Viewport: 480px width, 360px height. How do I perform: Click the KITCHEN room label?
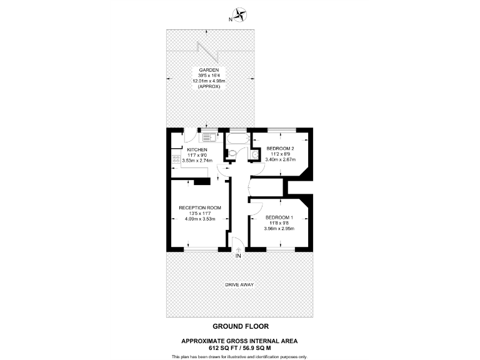pos(197,150)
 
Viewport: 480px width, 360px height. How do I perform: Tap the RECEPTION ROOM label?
pos(201,207)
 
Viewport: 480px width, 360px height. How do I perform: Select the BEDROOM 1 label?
pos(279,217)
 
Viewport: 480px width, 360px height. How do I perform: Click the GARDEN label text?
pos(209,70)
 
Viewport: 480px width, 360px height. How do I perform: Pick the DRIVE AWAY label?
pos(239,285)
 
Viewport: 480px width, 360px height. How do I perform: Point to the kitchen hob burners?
pos(176,159)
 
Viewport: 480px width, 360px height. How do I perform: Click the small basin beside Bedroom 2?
pos(255,153)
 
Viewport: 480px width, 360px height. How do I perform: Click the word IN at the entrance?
pos(238,256)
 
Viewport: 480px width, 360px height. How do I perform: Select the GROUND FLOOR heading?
pos(239,326)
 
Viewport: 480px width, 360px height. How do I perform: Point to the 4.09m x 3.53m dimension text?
pos(201,219)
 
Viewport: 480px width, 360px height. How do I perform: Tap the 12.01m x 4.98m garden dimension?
pos(209,81)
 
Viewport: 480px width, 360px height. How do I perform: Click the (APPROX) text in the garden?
pos(209,87)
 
